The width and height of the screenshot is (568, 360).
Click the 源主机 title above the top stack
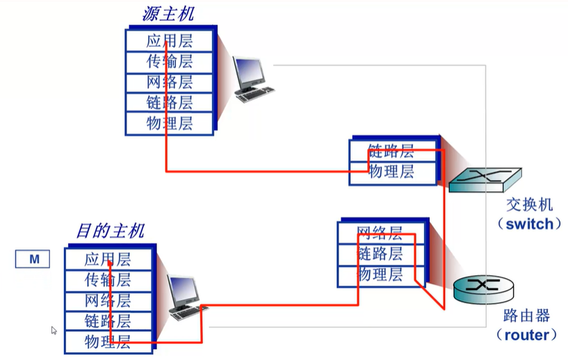(168, 14)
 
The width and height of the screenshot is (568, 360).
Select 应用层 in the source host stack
(169, 40)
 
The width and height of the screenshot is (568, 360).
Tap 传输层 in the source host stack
(169, 61)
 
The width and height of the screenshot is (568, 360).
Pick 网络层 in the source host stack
(169, 82)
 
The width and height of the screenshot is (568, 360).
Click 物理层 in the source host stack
(169, 124)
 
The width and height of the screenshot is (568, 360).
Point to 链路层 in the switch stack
(391, 151)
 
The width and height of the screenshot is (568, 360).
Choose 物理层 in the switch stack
(391, 171)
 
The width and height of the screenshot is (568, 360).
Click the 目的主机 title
(110, 231)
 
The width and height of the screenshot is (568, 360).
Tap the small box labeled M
(33, 260)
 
